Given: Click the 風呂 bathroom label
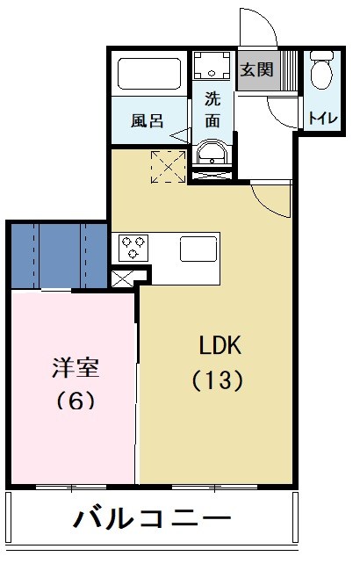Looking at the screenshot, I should point(147,121).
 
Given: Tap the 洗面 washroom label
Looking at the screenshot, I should point(212,110).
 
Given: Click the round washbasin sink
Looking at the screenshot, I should point(212,155).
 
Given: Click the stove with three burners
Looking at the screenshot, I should point(133,247).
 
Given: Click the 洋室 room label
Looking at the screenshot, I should point(75,366).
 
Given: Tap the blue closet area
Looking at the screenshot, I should point(58,254).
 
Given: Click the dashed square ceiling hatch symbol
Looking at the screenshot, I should point(166,166).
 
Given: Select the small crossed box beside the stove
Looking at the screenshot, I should point(122,278).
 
